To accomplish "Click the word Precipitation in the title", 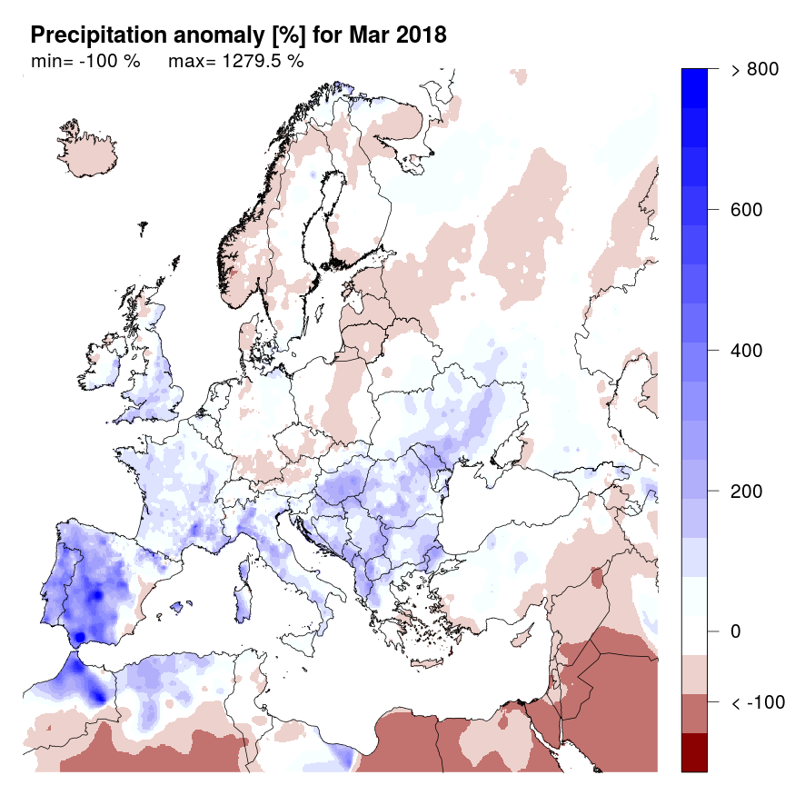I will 91,35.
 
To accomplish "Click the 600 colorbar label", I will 746,210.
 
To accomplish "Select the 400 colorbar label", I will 746,351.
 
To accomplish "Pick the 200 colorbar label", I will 746,492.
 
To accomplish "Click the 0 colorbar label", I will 736,631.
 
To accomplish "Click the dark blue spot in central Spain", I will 96,595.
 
